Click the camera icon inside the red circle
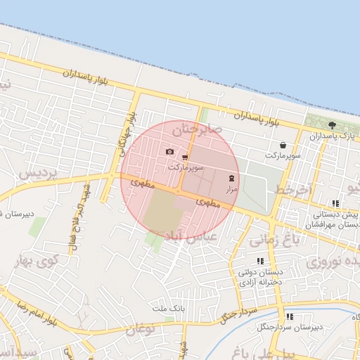pyautogui.click(x=169, y=151)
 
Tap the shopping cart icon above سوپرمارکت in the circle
pyautogui.click(x=185, y=157)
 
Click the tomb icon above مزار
pyautogui.click(x=233, y=178)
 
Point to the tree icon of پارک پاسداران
pyautogui.click(x=331, y=124)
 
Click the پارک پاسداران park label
pyautogui.click(x=333, y=135)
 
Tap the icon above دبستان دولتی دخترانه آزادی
pyautogui.click(x=261, y=261)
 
